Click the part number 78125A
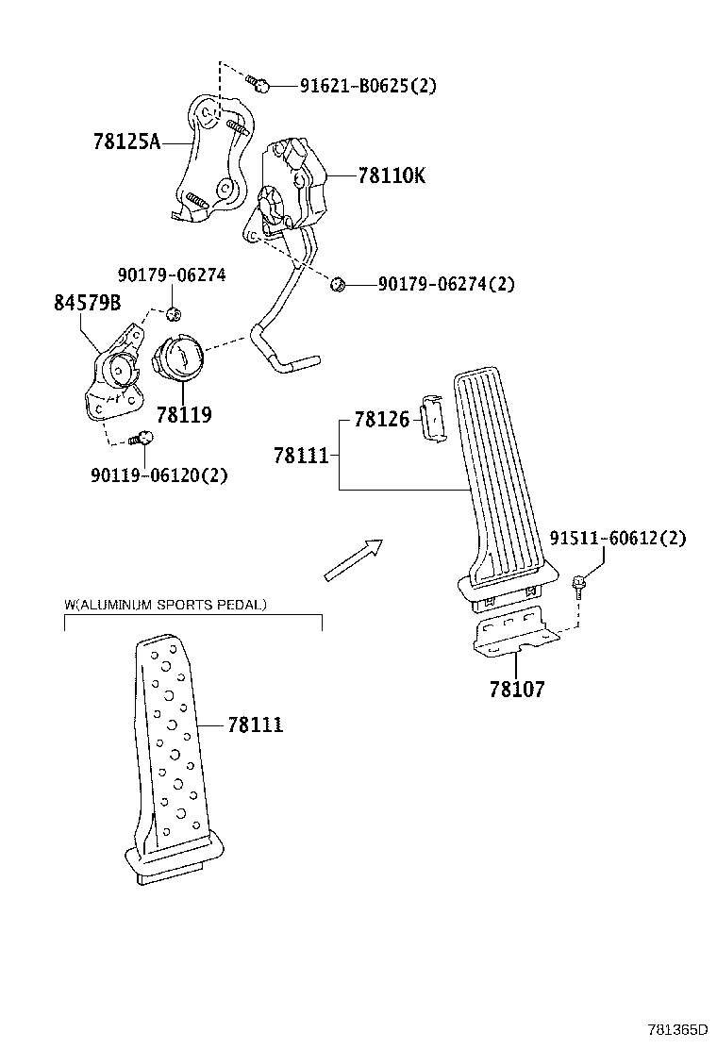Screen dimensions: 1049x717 click(x=126, y=142)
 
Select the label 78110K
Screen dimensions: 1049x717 click(x=392, y=175)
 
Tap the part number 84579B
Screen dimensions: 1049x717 click(x=87, y=304)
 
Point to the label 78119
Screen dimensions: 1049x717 click(x=184, y=414)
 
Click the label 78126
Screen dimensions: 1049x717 click(x=381, y=419)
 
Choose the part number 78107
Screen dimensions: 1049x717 click(x=516, y=689)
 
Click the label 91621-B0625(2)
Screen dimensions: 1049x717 click(x=368, y=86)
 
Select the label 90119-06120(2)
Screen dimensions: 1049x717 click(x=159, y=475)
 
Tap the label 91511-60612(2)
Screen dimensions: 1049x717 click(x=618, y=539)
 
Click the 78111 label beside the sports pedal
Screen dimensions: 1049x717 click(x=255, y=724)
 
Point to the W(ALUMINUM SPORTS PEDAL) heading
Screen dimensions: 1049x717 click(x=165, y=603)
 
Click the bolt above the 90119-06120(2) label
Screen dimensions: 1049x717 click(x=143, y=438)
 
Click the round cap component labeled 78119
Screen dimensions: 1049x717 click(x=178, y=359)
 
